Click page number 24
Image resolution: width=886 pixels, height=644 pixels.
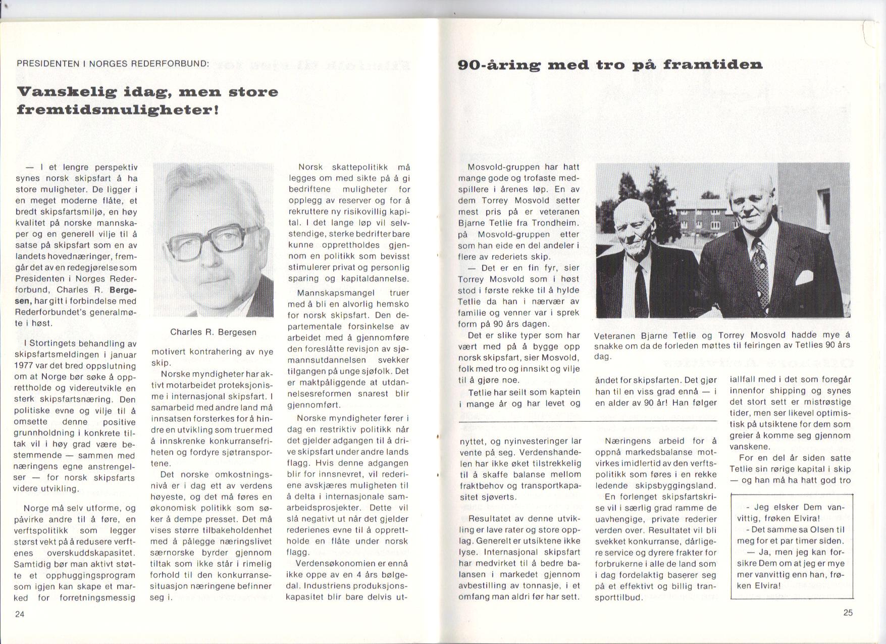click(x=20, y=614)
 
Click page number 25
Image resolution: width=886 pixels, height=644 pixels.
click(x=848, y=613)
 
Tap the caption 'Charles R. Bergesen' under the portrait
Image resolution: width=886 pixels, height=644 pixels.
click(x=213, y=332)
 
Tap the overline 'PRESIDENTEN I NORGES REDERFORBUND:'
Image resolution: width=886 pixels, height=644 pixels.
click(x=112, y=64)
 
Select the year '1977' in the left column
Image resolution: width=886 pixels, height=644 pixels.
click(x=24, y=365)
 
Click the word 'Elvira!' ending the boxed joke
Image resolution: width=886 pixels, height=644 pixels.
click(x=765, y=586)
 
